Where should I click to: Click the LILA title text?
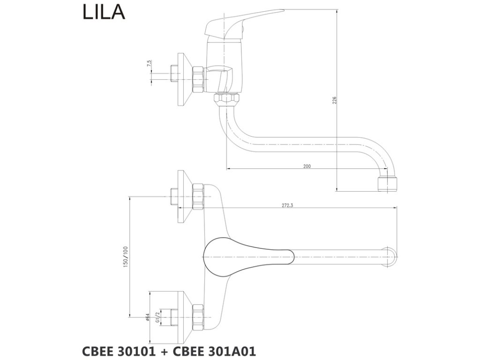click(x=104, y=12)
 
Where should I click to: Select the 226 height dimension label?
click(x=335, y=100)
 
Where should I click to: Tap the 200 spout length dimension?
click(x=307, y=166)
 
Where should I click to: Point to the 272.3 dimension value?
click(x=287, y=205)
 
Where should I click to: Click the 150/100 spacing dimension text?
click(x=126, y=257)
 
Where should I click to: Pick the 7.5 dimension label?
click(x=149, y=64)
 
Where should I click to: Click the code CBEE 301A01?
click(x=214, y=352)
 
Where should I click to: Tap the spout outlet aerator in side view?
click(x=387, y=184)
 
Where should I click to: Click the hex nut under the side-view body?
click(x=227, y=98)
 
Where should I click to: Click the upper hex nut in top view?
click(x=198, y=197)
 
